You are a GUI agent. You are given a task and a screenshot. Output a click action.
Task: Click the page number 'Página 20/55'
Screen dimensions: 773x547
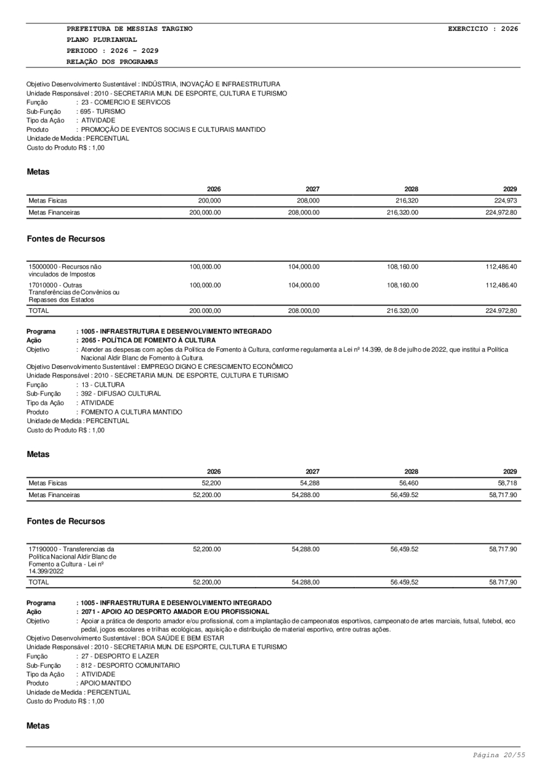tap(499, 755)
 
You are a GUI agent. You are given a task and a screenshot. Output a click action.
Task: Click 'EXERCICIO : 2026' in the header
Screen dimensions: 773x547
tap(483, 29)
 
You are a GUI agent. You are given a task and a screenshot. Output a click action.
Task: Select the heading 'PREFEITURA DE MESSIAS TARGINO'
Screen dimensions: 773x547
tap(129, 29)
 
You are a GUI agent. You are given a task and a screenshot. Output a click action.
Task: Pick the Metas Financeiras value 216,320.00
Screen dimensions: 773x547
tap(402, 213)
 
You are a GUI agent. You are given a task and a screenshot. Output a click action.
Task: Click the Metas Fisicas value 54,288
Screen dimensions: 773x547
tap(309, 483)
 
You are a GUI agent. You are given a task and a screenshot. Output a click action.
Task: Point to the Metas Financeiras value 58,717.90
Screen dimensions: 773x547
tap(503, 495)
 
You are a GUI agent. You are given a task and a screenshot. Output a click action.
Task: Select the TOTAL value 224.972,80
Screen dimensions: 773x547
tap(501, 311)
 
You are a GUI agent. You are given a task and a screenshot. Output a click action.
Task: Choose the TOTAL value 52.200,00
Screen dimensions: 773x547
tap(207, 582)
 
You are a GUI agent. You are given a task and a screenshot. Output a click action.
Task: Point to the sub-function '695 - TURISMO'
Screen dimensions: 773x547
tap(103, 111)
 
